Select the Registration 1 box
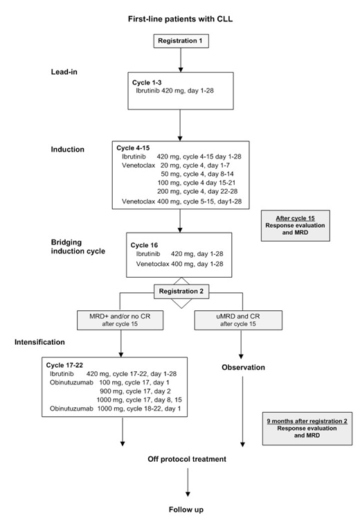(x=181, y=41)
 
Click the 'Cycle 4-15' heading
(x=138, y=147)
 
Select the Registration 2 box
(x=181, y=292)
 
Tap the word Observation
(x=243, y=367)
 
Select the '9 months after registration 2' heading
(x=297, y=420)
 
